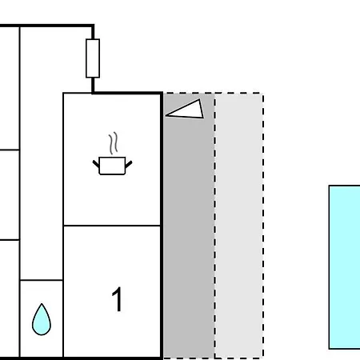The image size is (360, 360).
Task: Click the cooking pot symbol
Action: click(112, 166)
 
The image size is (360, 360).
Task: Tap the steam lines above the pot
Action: click(114, 143)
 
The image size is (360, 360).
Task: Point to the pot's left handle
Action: click(96, 164)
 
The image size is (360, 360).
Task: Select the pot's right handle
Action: click(129, 164)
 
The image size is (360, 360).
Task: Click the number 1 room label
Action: click(117, 299)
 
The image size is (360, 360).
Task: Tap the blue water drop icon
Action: click(42, 319)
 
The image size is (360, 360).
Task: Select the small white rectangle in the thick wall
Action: click(93, 58)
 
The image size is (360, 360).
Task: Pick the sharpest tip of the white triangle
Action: click(166, 115)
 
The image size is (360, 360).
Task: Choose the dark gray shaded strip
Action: click(189, 226)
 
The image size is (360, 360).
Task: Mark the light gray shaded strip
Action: click(239, 226)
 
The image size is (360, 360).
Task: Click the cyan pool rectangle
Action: click(345, 267)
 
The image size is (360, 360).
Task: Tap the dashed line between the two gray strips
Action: click(214, 226)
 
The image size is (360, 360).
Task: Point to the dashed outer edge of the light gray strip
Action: click(263, 226)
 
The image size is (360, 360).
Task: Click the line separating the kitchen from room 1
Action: click(112, 226)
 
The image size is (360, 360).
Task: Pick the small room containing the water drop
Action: click(42, 318)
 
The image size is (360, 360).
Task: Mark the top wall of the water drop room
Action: click(42, 280)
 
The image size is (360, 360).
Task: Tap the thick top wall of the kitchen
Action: click(127, 93)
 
